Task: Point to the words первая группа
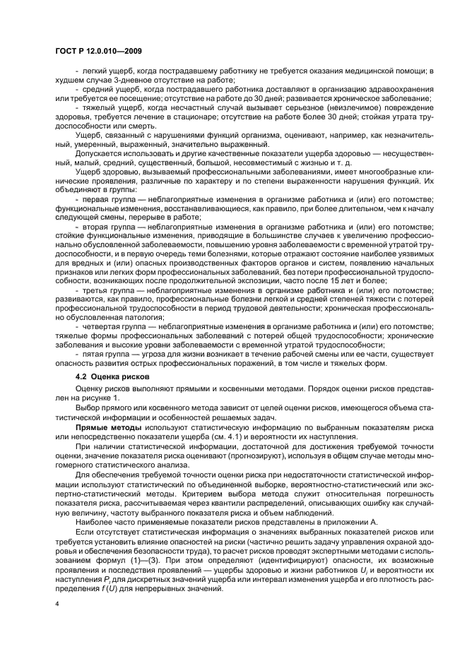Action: (105, 201)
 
